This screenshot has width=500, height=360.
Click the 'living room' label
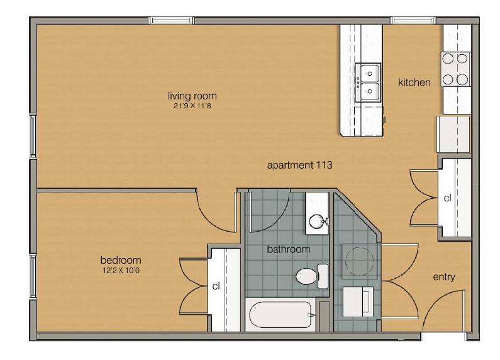192,96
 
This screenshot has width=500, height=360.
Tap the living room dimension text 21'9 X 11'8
192,106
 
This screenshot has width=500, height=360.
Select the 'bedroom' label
121,260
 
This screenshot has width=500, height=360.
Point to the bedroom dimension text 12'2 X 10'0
121,270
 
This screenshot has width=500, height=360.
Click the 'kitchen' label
414,82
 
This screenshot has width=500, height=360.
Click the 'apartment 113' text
299,166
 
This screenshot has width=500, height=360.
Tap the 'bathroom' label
289,249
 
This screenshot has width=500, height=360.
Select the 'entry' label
444,277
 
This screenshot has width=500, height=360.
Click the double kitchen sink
367,82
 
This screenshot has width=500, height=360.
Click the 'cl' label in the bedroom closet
216,286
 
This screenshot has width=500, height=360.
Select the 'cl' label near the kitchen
447,198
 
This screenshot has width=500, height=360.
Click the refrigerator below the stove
453,133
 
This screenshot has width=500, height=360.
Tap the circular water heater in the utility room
358,259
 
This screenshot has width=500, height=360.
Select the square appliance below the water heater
357,301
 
